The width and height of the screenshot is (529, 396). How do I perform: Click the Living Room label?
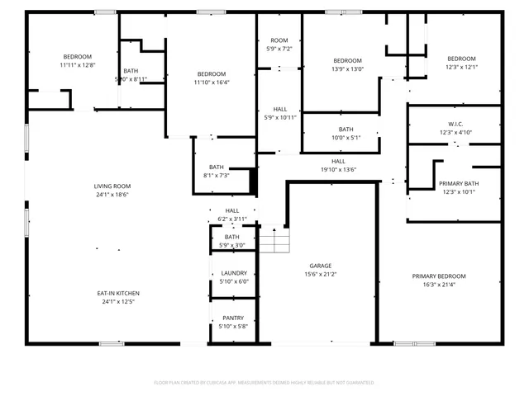[x=112, y=186]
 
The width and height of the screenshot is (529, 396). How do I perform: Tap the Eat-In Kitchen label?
[x=118, y=293]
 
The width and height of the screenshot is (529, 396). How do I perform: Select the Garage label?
[x=321, y=266]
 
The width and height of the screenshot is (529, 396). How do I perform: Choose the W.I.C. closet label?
[x=455, y=124]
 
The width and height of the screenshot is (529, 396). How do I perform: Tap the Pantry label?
[x=232, y=318]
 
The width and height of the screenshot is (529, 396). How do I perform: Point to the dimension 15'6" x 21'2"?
[x=321, y=275]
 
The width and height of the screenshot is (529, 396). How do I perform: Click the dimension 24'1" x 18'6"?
[x=112, y=195]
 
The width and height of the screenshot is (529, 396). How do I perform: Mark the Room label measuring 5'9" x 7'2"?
[x=279, y=40]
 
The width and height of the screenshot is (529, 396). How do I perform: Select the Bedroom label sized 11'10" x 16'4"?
[x=212, y=73]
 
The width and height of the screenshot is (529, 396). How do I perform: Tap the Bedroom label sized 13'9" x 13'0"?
[x=347, y=60]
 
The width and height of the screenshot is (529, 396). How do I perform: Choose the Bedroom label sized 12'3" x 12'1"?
[x=461, y=58]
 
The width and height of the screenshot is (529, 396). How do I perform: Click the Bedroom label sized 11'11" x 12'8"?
[x=76, y=56]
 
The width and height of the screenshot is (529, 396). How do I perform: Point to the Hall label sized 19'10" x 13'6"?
[x=338, y=161]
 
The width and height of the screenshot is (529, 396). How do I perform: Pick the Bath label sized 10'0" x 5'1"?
[x=345, y=130]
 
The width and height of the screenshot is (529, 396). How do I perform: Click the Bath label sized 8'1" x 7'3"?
[x=216, y=167]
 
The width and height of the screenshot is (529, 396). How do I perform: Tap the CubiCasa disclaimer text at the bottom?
[x=264, y=383]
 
